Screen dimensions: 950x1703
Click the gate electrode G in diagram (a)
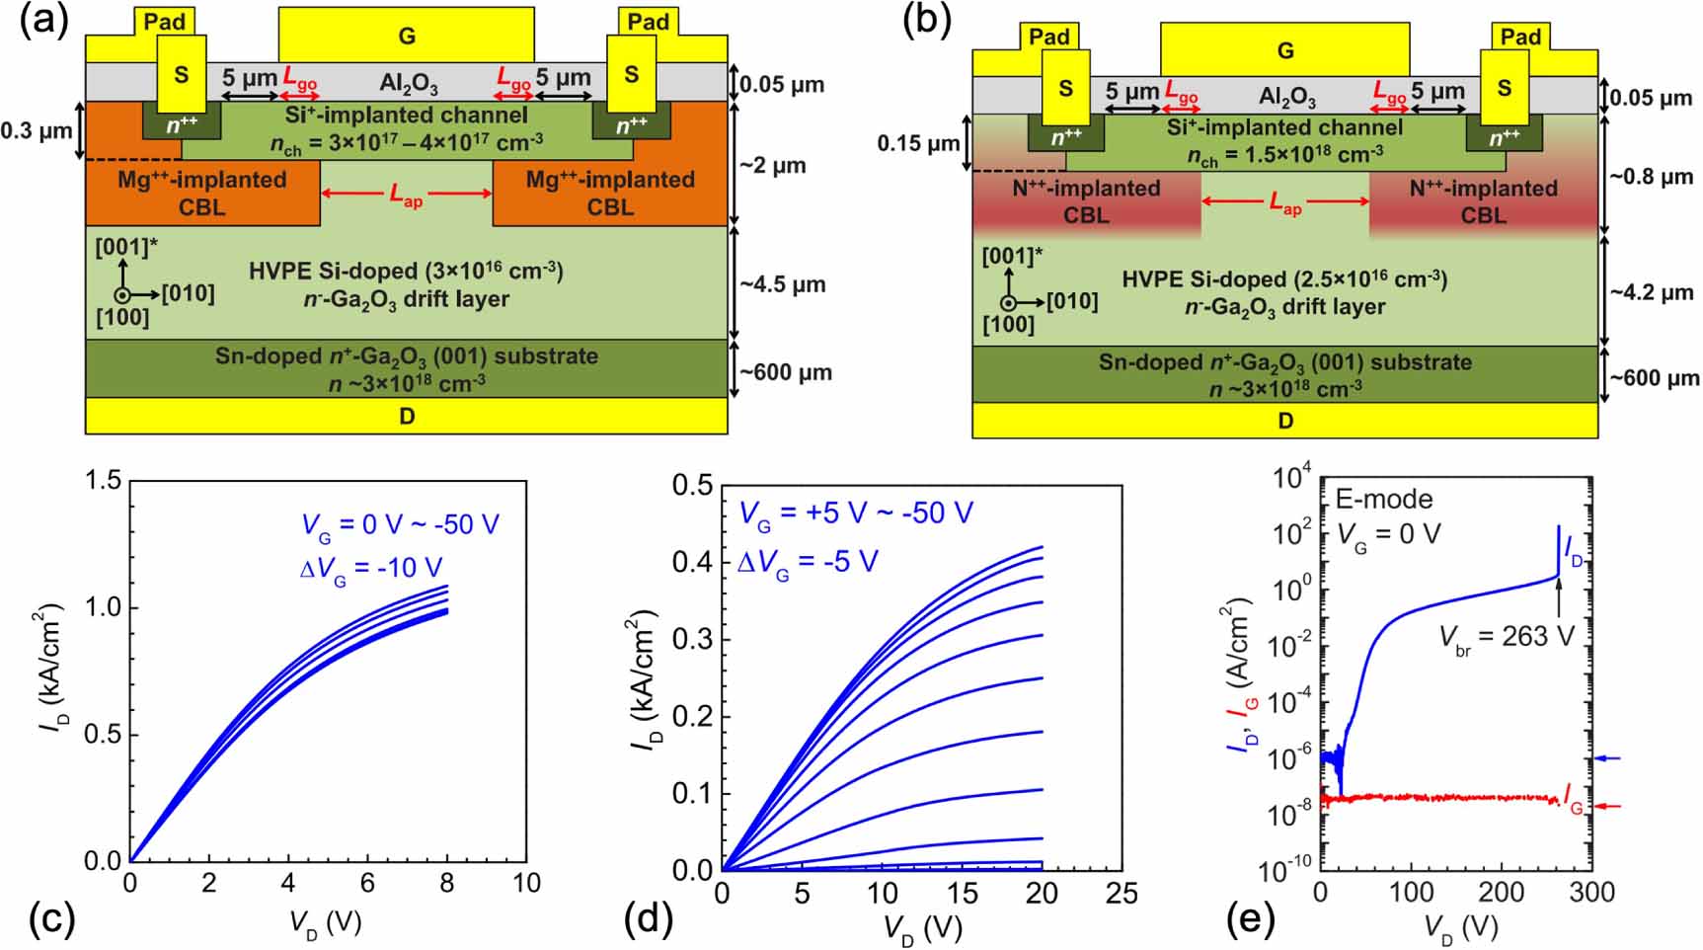pyautogui.click(x=407, y=36)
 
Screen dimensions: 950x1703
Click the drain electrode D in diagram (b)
pyautogui.click(x=1284, y=421)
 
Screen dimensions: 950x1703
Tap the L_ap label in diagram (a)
pyautogui.click(x=406, y=195)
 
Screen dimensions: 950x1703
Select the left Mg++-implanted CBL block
pyautogui.click(x=202, y=193)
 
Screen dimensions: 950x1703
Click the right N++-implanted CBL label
pyautogui.click(x=1483, y=201)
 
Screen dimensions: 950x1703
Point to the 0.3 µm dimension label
pyautogui.click(x=36, y=130)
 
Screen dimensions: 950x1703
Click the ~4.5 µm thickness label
pyautogui.click(x=783, y=284)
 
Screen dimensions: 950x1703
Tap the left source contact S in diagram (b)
pyautogui.click(x=1065, y=88)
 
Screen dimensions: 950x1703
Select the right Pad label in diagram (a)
pyautogui.click(x=649, y=22)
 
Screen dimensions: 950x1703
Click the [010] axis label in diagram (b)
pyautogui.click(x=1072, y=300)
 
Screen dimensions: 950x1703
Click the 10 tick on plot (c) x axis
pyautogui.click(x=526, y=883)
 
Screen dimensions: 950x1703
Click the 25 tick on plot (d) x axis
pyautogui.click(x=1122, y=893)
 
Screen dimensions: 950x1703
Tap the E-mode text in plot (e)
pyautogui.click(x=1383, y=498)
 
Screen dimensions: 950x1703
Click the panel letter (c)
pyautogui.click(x=49, y=918)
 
